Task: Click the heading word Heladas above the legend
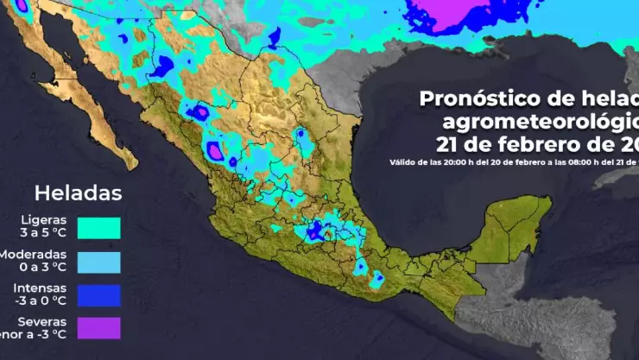pyautogui.click(x=78, y=191)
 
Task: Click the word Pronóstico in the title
pyautogui.click(x=478, y=98)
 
